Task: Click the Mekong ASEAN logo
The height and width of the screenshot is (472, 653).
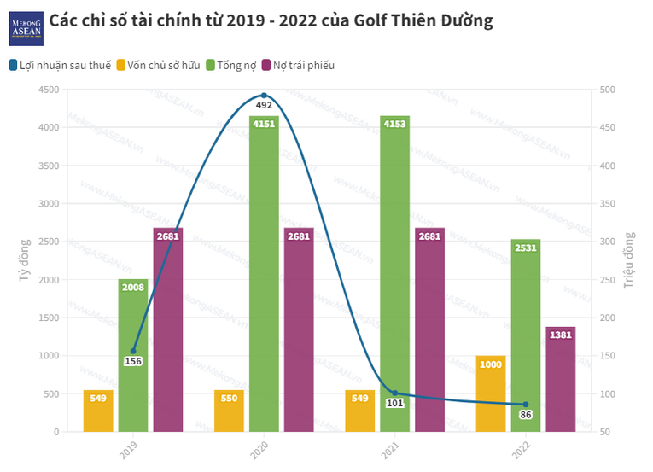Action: [x=26, y=27]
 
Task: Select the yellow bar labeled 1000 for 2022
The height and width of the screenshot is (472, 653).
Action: [x=491, y=393]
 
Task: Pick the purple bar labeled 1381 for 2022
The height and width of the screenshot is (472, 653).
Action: [x=561, y=379]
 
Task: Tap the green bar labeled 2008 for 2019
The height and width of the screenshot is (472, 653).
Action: [x=133, y=355]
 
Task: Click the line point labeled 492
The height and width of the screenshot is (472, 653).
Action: [x=264, y=96]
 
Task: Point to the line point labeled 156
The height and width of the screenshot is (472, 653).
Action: [x=133, y=351]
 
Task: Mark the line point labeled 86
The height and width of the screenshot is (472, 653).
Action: [x=526, y=405]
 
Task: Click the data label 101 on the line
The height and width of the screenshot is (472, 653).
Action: [x=394, y=403]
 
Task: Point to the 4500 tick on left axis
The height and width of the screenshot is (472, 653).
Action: [x=48, y=90]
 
